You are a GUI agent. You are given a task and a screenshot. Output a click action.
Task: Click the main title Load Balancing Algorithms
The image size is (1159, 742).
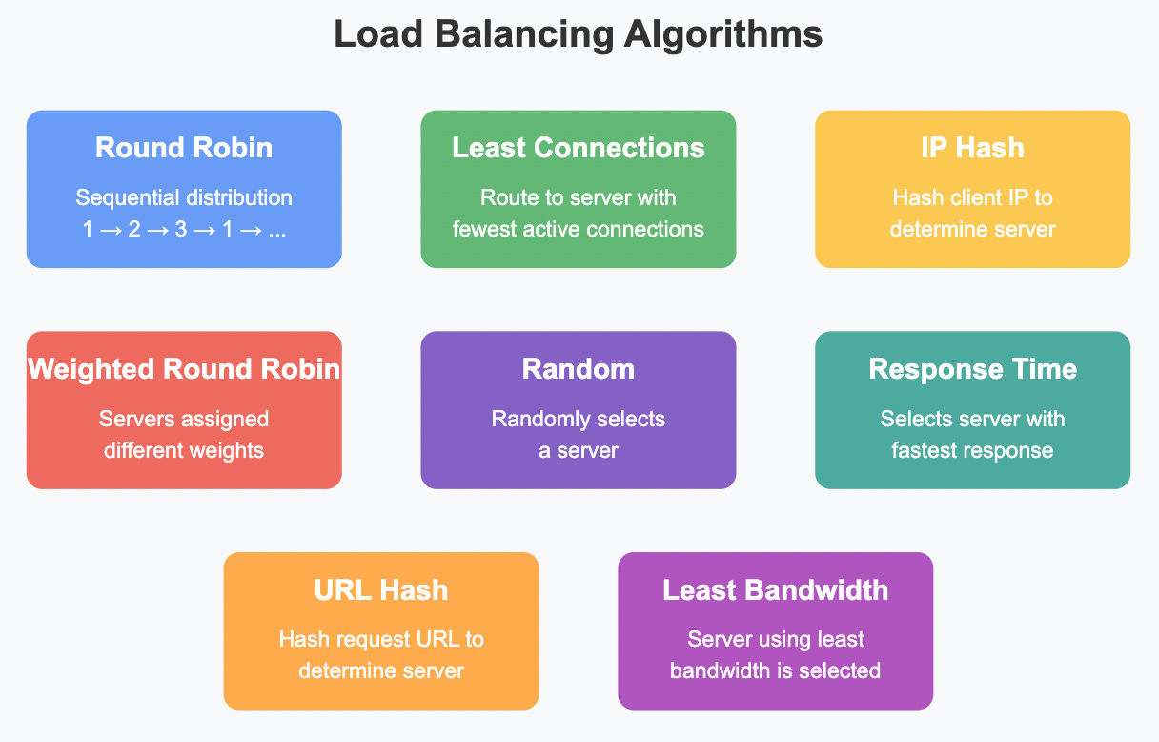[579, 35]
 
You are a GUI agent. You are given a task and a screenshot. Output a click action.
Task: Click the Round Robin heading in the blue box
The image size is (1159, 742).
[184, 148]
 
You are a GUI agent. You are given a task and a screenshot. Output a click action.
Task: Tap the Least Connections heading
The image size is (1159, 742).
[578, 148]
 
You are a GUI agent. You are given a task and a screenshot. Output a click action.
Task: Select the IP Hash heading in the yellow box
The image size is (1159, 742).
[972, 148]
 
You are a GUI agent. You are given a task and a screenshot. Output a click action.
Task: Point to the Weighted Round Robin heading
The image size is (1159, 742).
[184, 369]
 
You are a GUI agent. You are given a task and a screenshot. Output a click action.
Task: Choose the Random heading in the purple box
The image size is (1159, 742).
[578, 369]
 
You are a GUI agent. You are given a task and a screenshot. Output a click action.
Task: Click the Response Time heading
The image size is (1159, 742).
[972, 369]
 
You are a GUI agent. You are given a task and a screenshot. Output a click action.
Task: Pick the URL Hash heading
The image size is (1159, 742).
[381, 590]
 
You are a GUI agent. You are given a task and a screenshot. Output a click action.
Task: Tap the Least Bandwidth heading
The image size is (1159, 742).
[775, 590]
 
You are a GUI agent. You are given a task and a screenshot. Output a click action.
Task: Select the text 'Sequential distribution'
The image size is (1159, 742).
[184, 198]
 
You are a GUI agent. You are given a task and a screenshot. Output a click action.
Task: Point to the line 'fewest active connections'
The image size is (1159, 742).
[578, 230]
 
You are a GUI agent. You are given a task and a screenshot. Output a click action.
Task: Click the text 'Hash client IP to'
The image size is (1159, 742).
[972, 198]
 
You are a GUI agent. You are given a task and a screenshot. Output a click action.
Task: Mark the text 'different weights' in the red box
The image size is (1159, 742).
[184, 450]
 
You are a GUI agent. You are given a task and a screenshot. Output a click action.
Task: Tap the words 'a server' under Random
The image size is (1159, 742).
[578, 450]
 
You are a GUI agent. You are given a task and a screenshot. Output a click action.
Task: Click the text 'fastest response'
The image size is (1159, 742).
[972, 450]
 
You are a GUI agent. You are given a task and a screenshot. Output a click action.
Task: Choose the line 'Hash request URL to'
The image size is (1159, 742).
[381, 640]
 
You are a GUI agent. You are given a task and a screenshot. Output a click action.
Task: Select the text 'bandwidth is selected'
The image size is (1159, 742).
[775, 671]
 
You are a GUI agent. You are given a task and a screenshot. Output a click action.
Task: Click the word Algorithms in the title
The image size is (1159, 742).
[723, 35]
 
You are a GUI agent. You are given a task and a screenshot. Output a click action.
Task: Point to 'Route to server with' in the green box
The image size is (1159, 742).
[578, 198]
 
